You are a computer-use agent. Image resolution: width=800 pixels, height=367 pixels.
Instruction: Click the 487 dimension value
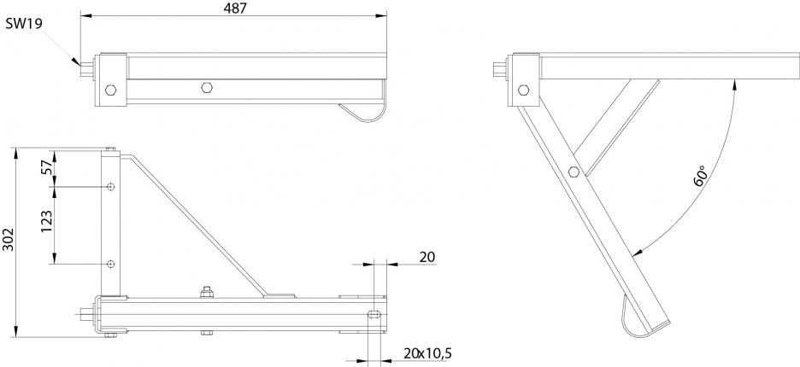pyautogui.click(x=235, y=9)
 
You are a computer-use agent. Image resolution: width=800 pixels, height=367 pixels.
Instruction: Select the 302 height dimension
pyautogui.click(x=8, y=239)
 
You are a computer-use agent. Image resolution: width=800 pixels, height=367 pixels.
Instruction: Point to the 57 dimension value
pyautogui.click(x=46, y=166)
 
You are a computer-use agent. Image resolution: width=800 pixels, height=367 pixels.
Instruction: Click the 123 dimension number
pyautogui.click(x=46, y=222)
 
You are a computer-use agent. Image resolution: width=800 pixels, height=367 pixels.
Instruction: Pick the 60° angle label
pyautogui.click(x=701, y=175)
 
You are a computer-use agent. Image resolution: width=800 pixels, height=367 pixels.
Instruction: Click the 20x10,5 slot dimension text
pyautogui.click(x=427, y=352)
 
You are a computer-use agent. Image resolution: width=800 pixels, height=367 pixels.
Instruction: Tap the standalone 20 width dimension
pyautogui.click(x=427, y=257)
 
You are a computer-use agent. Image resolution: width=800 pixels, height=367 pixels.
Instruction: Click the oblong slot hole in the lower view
pyautogui.click(x=374, y=314)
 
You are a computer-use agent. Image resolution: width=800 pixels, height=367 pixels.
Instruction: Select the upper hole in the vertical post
pyautogui.click(x=111, y=187)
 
